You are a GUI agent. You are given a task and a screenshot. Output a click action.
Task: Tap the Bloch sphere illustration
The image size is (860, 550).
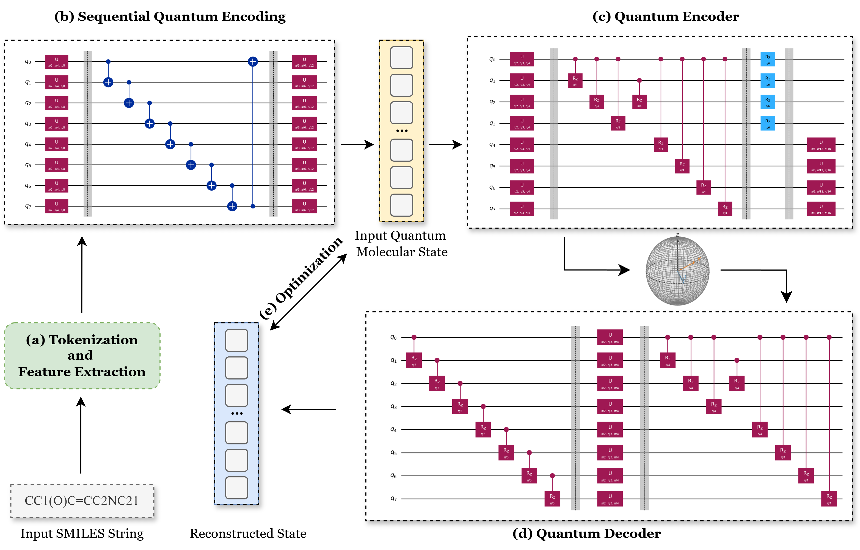point(677,271)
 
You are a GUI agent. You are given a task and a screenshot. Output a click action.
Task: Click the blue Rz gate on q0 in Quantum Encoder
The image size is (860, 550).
point(768,59)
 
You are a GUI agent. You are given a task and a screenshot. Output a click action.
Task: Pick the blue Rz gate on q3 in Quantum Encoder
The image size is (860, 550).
point(768,123)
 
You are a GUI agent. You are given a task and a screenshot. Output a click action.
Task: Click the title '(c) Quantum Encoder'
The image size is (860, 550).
point(665,16)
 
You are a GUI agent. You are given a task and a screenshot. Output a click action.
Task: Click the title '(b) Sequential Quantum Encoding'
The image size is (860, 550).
point(170,16)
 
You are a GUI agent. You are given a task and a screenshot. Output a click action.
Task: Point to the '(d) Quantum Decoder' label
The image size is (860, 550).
point(586,533)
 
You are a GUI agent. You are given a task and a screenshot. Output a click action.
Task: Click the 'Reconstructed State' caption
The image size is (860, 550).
point(248,533)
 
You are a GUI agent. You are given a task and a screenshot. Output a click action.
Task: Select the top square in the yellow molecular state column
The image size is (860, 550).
point(401,57)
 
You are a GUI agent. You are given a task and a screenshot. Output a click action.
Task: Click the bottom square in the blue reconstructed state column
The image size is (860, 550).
point(236,488)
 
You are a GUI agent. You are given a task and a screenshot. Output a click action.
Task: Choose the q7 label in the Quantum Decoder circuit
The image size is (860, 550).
point(393,499)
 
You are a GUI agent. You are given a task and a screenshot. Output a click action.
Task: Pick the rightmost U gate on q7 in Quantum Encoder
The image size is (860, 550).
point(821,209)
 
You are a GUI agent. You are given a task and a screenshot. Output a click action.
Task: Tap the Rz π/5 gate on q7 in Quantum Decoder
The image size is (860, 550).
point(552,499)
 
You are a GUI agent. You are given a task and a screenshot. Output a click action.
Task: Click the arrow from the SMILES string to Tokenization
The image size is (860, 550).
point(81,436)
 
